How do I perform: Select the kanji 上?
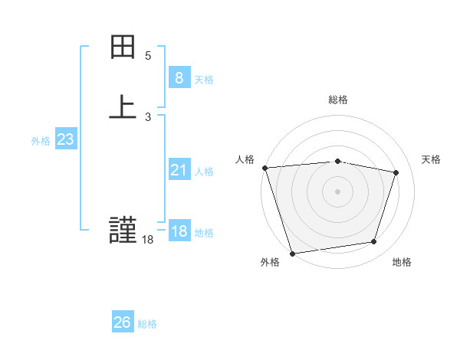pyautogui.click(x=123, y=106)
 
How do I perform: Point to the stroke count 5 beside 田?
pyautogui.click(x=148, y=56)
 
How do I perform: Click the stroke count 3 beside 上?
pyautogui.click(x=148, y=116)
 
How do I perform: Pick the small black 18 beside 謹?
pyautogui.click(x=147, y=240)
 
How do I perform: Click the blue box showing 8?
pyautogui.click(x=179, y=77)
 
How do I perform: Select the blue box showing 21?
pyautogui.click(x=179, y=170)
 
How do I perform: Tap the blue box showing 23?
pyautogui.click(x=65, y=139)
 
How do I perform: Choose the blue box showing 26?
pyautogui.click(x=122, y=322)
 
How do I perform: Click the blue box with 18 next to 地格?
pyautogui.click(x=179, y=232)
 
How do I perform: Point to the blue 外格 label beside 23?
pyautogui.click(x=41, y=141)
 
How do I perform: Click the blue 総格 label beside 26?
pyautogui.click(x=147, y=324)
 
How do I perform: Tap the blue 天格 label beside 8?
pyautogui.click(x=204, y=79)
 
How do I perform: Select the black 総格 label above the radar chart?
pyautogui.click(x=338, y=100)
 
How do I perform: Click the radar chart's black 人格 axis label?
pyautogui.click(x=245, y=159)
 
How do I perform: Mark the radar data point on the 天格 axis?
pyautogui.click(x=396, y=172)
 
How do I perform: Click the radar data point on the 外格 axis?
pyautogui.click(x=292, y=253)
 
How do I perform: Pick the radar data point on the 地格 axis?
pyautogui.click(x=374, y=242)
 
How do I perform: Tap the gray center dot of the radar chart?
pyautogui.click(x=338, y=191)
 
